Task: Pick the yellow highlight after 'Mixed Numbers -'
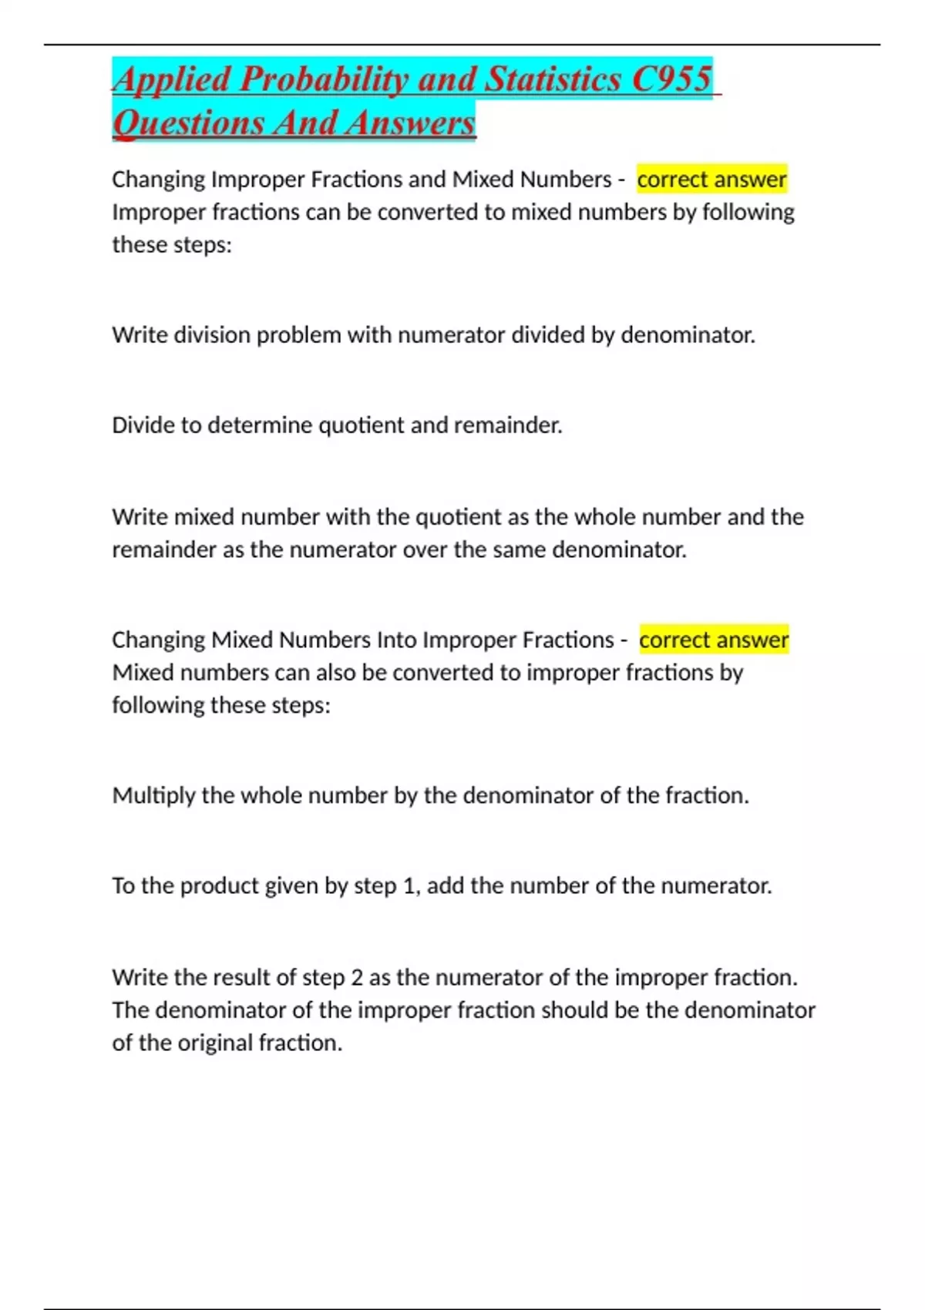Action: pos(711,180)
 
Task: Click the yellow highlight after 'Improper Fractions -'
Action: pos(714,640)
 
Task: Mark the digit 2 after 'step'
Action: pos(357,978)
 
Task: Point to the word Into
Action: pos(396,640)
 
